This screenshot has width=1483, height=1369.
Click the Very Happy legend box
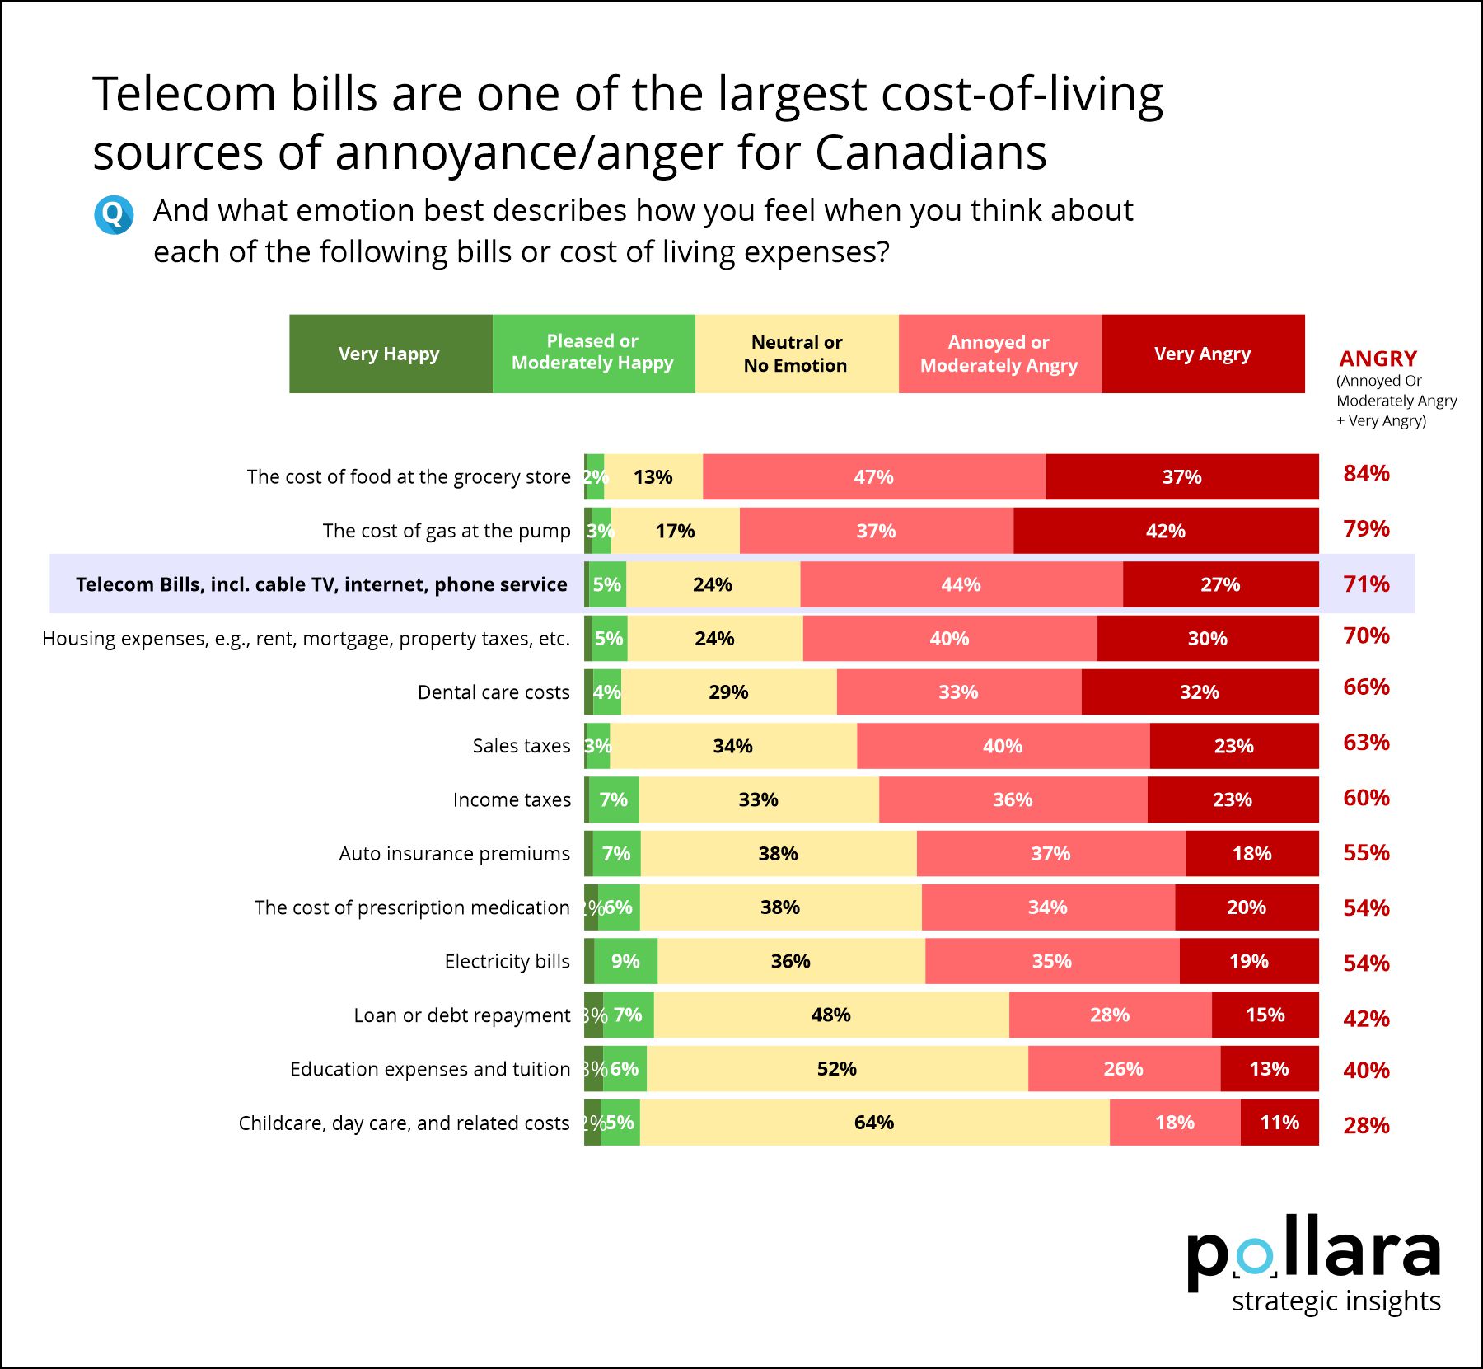point(391,354)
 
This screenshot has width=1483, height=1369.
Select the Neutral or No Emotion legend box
point(797,354)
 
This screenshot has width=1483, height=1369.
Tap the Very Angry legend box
point(1203,354)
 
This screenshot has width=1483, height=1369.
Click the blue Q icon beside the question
point(114,215)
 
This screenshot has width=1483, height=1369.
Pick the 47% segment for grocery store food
point(874,476)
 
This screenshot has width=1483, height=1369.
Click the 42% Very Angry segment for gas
point(1166,531)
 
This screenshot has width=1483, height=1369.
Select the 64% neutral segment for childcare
point(874,1123)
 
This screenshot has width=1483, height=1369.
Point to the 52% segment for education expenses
point(837,1069)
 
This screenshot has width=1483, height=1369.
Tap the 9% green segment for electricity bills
point(625,961)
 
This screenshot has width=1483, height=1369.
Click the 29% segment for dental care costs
point(729,692)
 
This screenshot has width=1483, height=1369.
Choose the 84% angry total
point(1366,473)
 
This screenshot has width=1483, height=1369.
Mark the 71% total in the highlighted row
point(1366,584)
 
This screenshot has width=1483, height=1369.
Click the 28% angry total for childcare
point(1366,1125)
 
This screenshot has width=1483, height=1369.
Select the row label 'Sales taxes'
point(522,746)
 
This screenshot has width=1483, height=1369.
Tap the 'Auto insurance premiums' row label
point(455,854)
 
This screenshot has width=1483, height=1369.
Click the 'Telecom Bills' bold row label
point(321,584)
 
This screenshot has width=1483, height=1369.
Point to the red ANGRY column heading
point(1378,359)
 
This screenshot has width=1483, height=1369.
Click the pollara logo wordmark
point(1313,1253)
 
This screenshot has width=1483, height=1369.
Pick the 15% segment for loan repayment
point(1265,1015)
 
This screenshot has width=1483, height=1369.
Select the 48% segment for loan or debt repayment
point(831,1015)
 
